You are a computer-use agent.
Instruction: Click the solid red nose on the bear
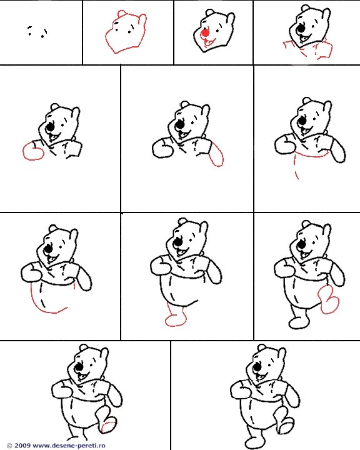205,32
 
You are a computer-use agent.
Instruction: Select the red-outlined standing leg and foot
176,317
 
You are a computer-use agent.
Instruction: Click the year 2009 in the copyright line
22,446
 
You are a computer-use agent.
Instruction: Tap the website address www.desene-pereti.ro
69,446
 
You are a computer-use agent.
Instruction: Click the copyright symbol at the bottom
9,446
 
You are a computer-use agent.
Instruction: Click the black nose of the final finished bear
257,367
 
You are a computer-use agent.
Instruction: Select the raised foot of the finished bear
285,423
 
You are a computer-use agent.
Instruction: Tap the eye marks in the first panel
37,32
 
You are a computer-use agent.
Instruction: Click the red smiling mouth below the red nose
209,42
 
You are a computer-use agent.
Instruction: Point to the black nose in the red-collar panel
301,28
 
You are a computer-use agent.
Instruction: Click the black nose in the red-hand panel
51,127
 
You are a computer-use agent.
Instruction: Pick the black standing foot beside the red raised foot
299,323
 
